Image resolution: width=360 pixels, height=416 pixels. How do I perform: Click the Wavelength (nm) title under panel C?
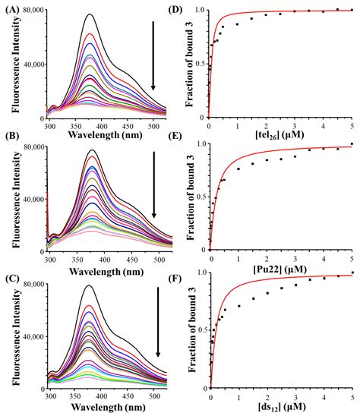(106, 408)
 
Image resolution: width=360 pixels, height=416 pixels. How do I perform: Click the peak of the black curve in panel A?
(90, 14)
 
